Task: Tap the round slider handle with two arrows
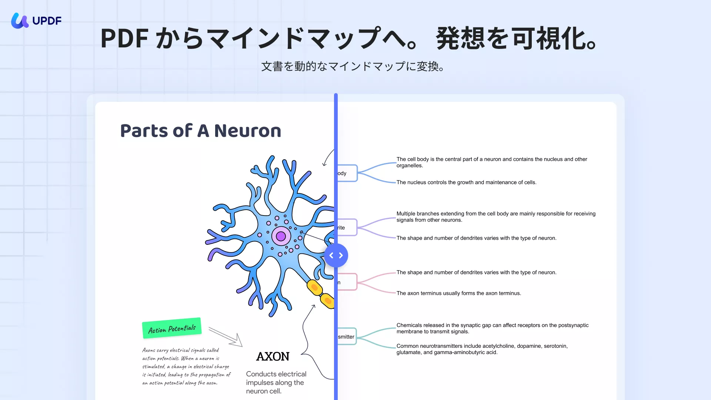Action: pyautogui.click(x=336, y=256)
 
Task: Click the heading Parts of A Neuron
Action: pyautogui.click(x=201, y=131)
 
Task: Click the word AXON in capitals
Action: pyautogui.click(x=273, y=357)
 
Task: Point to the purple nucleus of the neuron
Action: pyautogui.click(x=281, y=236)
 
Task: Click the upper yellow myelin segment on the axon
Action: pyautogui.click(x=314, y=287)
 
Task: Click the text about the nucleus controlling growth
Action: pyautogui.click(x=466, y=183)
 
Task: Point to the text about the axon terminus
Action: pyautogui.click(x=459, y=293)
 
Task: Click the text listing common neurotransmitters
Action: pyautogui.click(x=482, y=349)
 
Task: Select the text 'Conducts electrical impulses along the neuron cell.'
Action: pyautogui.click(x=276, y=383)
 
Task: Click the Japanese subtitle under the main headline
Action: pyautogui.click(x=353, y=67)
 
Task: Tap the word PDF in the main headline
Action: pyautogui.click(x=125, y=39)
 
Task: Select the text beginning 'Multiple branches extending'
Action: pyautogui.click(x=496, y=217)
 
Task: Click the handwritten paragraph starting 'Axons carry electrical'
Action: pyautogui.click(x=186, y=366)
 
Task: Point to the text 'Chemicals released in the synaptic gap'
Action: pyautogui.click(x=492, y=328)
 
